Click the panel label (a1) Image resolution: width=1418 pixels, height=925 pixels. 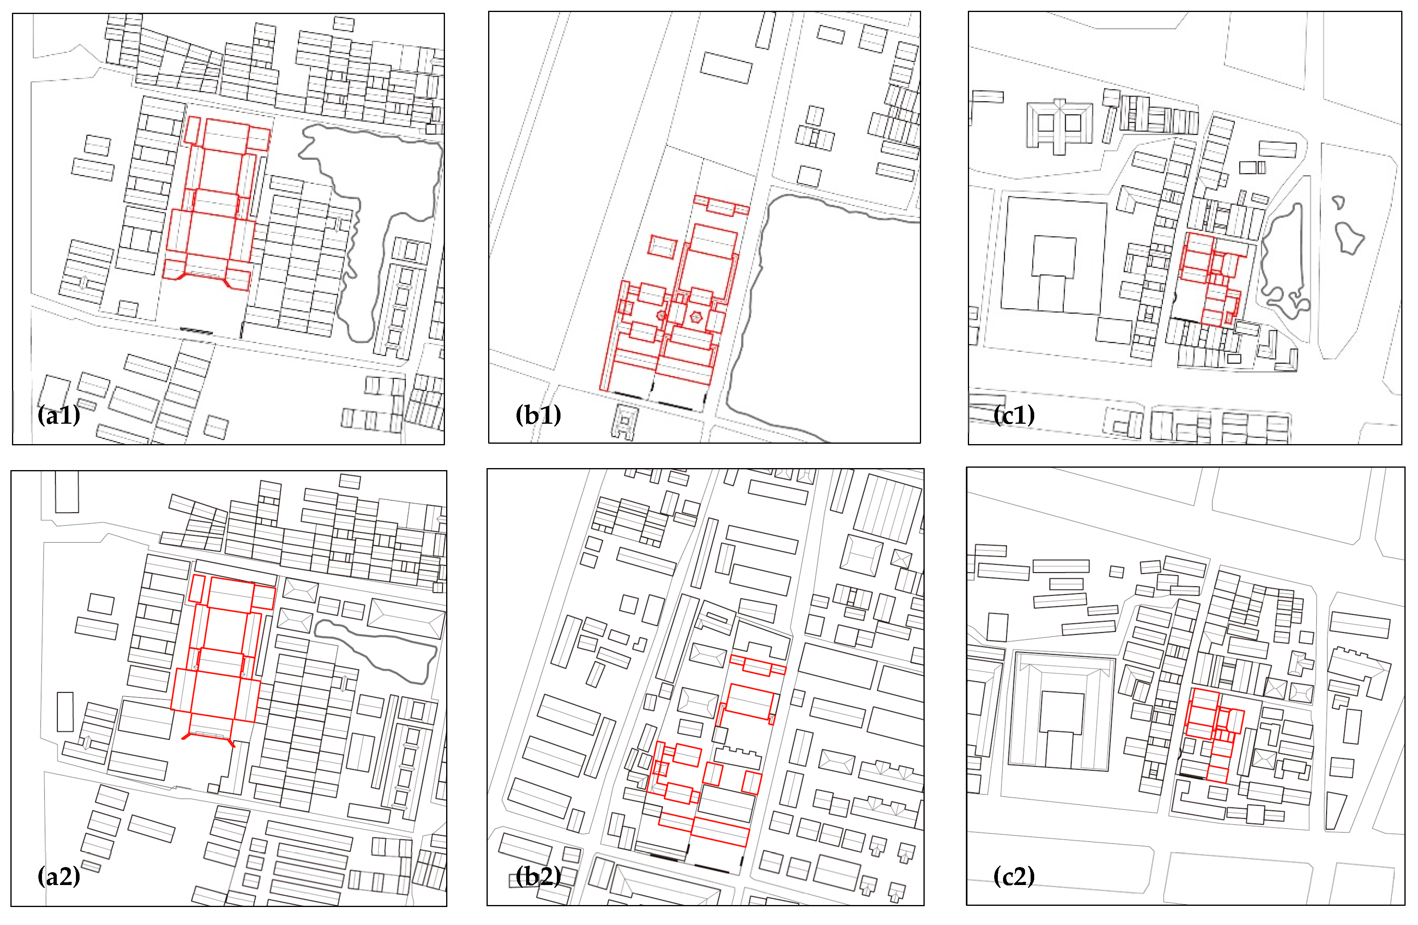click(x=58, y=415)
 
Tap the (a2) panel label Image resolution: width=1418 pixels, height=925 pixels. click(x=58, y=876)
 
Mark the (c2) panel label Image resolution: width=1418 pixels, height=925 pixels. click(x=1014, y=876)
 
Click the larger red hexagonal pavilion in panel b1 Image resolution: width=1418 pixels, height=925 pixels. click(x=695, y=317)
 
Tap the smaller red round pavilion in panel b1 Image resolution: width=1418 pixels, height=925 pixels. click(x=661, y=315)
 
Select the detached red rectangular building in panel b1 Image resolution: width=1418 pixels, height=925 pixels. click(x=662, y=246)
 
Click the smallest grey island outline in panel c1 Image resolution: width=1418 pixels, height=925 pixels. click(x=1338, y=203)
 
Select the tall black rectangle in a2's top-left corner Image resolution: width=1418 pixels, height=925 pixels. click(x=67, y=491)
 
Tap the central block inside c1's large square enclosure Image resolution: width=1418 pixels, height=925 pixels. click(x=1054, y=256)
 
